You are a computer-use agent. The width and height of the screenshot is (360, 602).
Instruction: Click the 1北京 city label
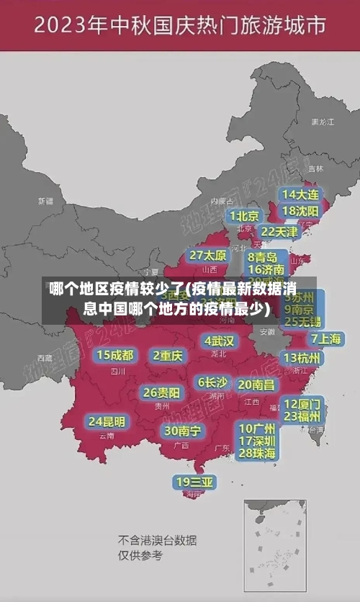(244, 216)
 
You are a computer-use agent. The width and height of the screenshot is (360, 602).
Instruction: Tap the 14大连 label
(300, 194)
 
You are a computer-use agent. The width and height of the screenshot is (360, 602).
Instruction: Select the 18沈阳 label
(300, 211)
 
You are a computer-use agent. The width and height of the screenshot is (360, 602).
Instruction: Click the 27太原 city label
(207, 256)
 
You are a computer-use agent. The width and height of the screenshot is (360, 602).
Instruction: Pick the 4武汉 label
(219, 341)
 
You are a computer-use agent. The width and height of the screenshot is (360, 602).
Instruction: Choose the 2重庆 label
(168, 355)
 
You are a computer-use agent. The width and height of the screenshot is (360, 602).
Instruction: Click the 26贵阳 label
(161, 392)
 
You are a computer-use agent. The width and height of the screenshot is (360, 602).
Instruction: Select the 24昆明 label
(107, 421)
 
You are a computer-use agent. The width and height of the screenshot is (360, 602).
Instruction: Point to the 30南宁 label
(182, 431)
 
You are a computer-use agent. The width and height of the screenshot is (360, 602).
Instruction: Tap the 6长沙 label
(212, 382)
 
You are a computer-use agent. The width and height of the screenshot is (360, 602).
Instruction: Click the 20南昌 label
(256, 385)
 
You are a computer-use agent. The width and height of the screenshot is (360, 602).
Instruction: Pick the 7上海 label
(325, 338)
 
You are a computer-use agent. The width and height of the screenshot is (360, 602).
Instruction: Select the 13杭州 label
(302, 358)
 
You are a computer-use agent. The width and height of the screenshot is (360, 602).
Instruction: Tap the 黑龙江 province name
(322, 122)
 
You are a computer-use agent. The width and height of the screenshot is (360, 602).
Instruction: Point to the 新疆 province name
(45, 201)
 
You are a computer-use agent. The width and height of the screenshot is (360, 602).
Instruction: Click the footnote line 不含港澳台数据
(157, 540)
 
